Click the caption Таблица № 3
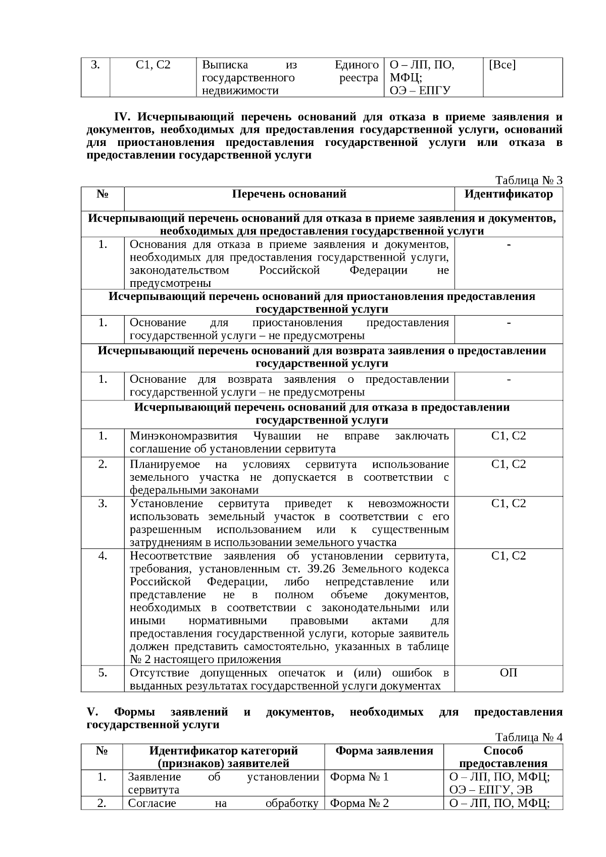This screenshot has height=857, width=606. pyautogui.click(x=528, y=181)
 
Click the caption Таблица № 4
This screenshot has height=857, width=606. pyautogui.click(x=528, y=737)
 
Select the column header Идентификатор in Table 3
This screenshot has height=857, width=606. pyautogui.click(x=508, y=194)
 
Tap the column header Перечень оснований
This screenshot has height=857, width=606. pyautogui.click(x=289, y=194)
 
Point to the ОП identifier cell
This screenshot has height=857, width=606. pyautogui.click(x=508, y=673)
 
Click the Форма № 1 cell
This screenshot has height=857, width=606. pyautogui.click(x=359, y=777)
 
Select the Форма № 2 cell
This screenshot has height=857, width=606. pyautogui.click(x=359, y=803)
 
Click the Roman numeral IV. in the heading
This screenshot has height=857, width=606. pyautogui.click(x=123, y=117)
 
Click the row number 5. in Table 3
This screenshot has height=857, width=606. pyautogui.click(x=103, y=673)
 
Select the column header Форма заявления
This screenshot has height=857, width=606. pyautogui.click(x=384, y=751)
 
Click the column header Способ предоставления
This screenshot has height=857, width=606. pyautogui.click(x=503, y=757)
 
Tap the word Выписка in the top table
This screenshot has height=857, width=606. pyautogui.click(x=225, y=65)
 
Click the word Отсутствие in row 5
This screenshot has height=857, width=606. pyautogui.click(x=161, y=673)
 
